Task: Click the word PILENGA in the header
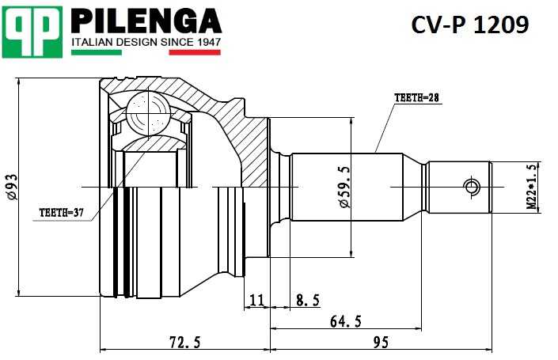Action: click(x=146, y=20)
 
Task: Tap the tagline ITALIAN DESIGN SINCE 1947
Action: click(x=146, y=41)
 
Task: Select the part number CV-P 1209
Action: click(x=469, y=25)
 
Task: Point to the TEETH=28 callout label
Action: click(x=416, y=98)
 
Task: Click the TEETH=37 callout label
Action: click(x=61, y=213)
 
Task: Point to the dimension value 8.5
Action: click(x=308, y=300)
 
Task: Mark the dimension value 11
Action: click(x=256, y=300)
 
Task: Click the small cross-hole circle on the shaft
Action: click(x=472, y=187)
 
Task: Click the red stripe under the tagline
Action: click(x=195, y=53)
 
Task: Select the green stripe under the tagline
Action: click(x=96, y=53)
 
